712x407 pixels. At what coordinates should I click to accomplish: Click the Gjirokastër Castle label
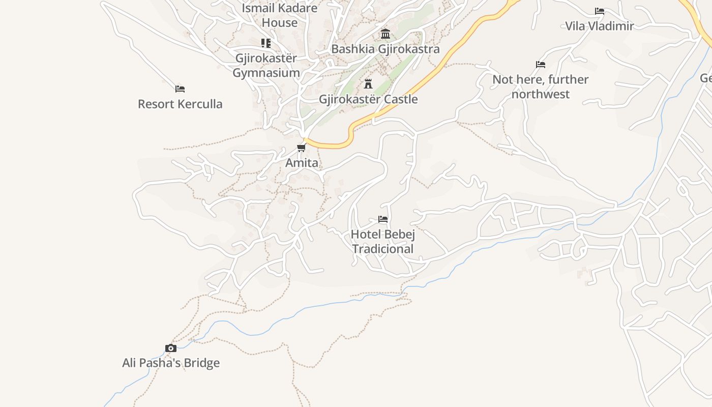(x=368, y=99)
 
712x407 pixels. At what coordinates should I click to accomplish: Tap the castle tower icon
(x=368, y=84)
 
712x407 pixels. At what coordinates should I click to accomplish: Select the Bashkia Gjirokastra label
(x=385, y=49)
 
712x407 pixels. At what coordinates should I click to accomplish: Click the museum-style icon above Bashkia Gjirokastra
(x=385, y=34)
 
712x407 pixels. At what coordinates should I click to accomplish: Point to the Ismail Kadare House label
(x=279, y=15)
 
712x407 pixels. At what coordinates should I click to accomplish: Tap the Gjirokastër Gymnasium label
(x=266, y=65)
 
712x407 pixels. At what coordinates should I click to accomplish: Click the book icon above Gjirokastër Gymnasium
(x=266, y=43)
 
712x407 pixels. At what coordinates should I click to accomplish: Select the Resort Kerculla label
(x=180, y=104)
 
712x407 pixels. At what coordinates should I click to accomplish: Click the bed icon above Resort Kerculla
(x=180, y=89)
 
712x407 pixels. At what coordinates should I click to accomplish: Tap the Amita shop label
(x=302, y=163)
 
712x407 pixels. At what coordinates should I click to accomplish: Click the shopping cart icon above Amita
(x=302, y=148)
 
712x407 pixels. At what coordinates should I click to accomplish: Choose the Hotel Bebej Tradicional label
(x=383, y=242)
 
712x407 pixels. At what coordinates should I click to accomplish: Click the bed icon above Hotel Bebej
(x=383, y=219)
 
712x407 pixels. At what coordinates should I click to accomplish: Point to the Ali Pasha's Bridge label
(x=171, y=363)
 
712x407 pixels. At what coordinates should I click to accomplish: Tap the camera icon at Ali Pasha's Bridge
(x=171, y=348)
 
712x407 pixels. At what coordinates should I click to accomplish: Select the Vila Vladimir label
(x=600, y=26)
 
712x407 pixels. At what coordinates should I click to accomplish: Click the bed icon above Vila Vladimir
(x=600, y=11)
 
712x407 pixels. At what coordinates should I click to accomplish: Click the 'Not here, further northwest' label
(x=540, y=86)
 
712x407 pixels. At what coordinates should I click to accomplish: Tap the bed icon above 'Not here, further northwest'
(x=541, y=65)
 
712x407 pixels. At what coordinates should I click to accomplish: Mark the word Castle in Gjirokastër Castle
(x=399, y=99)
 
